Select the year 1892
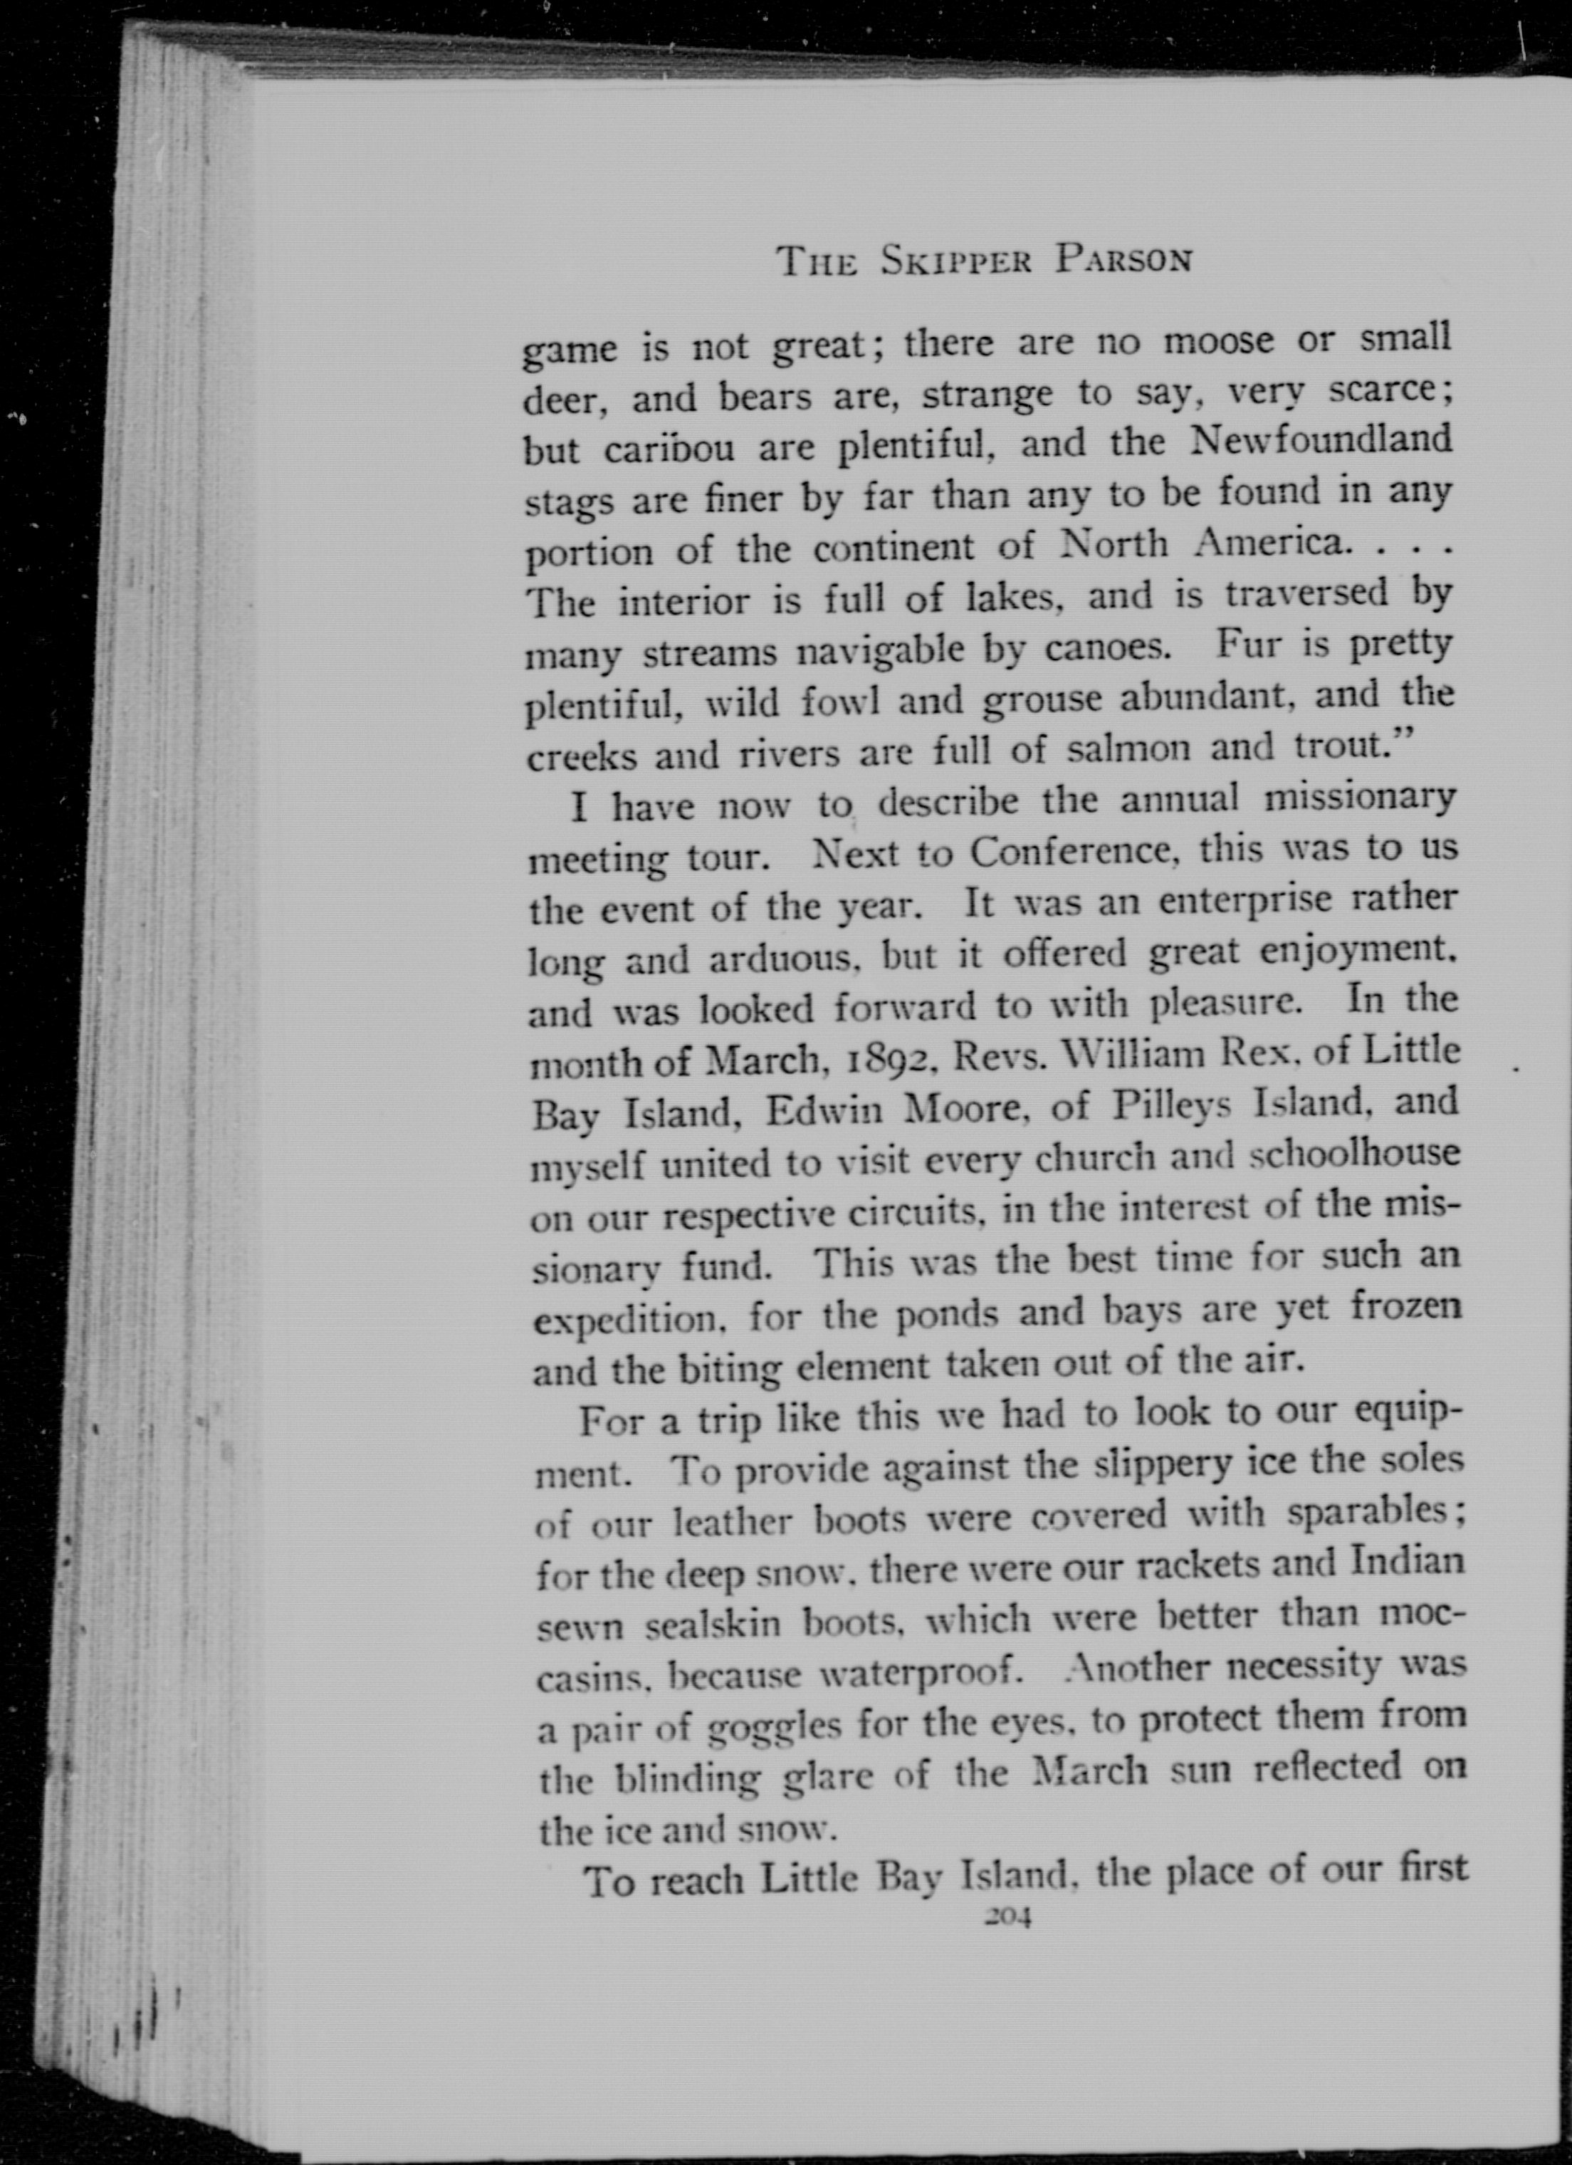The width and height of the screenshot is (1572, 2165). tap(869, 1058)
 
